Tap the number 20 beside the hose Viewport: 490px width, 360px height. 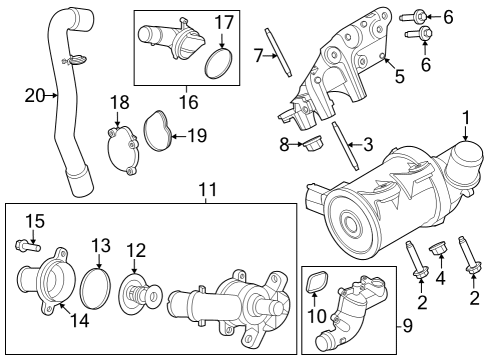pyautogui.click(x=36, y=95)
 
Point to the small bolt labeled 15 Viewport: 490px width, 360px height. pyautogui.click(x=26, y=243)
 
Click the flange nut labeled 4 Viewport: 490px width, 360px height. pyautogui.click(x=437, y=249)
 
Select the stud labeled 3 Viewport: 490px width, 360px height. pyautogui.click(x=351, y=145)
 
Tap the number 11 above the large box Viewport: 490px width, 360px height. pyautogui.click(x=206, y=189)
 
